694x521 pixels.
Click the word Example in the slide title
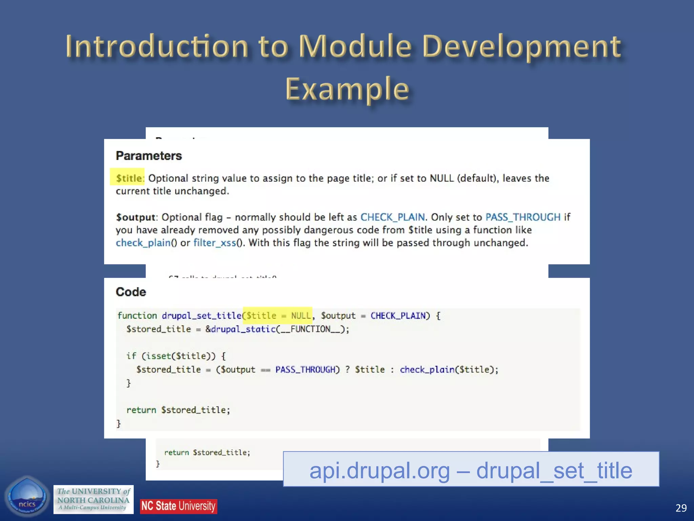coord(347,89)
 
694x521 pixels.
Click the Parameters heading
coord(149,156)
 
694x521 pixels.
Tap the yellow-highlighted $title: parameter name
coord(129,178)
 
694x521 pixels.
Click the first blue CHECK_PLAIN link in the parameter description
coord(392,217)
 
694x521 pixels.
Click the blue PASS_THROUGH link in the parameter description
coord(523,217)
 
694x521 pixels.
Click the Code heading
coord(131,292)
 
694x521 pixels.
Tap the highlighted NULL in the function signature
coord(301,316)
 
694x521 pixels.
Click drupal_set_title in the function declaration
coord(201,316)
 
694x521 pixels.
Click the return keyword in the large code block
coord(141,410)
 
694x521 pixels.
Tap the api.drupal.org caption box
coord(471,470)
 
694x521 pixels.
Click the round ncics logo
coord(27,496)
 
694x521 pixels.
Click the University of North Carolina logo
coord(94,499)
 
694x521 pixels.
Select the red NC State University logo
coord(179,506)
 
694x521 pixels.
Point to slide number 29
coord(681,508)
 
